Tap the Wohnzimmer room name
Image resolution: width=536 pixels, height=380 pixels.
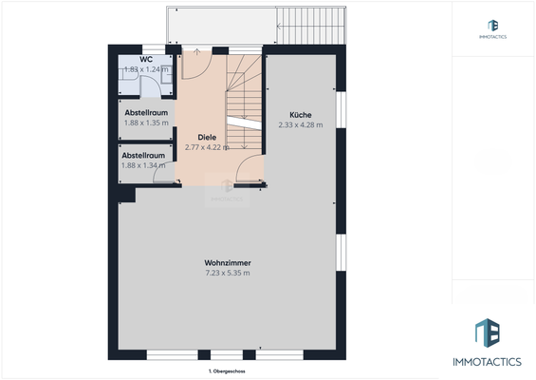(x=228, y=263)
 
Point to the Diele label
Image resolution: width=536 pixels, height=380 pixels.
(x=206, y=137)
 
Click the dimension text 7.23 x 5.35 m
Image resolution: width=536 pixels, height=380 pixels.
(x=228, y=274)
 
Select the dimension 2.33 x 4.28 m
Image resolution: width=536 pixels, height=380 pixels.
(x=300, y=124)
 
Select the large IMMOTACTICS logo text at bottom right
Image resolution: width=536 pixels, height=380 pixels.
(x=493, y=361)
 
